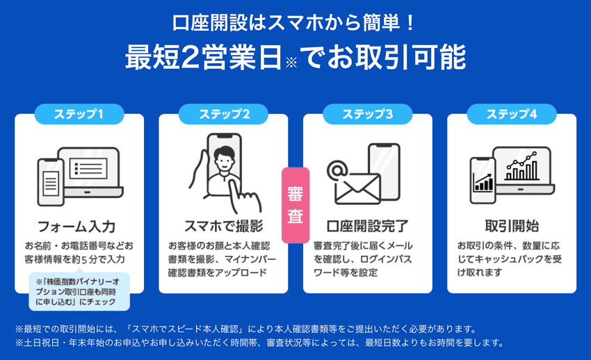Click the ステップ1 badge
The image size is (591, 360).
pyautogui.click(x=79, y=114)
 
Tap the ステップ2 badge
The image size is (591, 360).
pyautogui.click(x=223, y=114)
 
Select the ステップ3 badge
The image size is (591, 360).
pyautogui.click(x=367, y=114)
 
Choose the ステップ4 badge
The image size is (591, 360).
pyautogui.click(x=512, y=114)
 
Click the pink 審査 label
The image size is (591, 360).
pyautogui.click(x=295, y=204)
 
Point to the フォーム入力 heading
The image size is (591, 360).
pyautogui.click(x=76, y=227)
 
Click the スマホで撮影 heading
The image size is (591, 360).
pyautogui.click(x=223, y=227)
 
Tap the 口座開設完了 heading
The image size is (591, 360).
pyautogui.click(x=367, y=227)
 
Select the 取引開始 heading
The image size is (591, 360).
pyautogui.click(x=512, y=227)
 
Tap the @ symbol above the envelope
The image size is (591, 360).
pyautogui.click(x=337, y=169)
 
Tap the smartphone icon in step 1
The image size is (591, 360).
pyautogui.click(x=50, y=183)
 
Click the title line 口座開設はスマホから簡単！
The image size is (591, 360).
pyautogui.click(x=295, y=23)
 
